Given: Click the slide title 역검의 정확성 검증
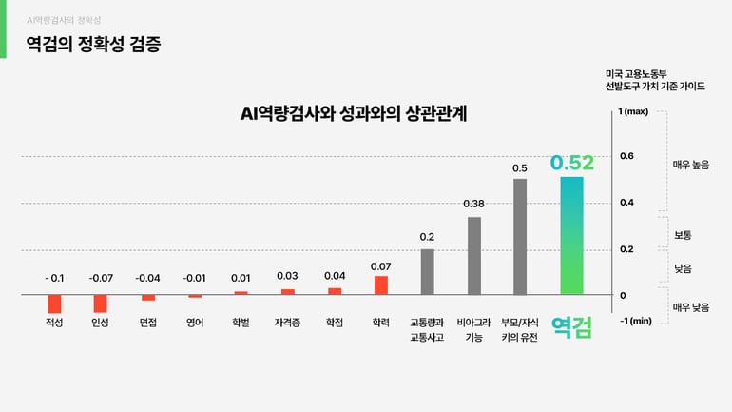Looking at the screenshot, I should [x=93, y=44].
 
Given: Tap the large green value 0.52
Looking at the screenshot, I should [x=571, y=163].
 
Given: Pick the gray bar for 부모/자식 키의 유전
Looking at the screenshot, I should [x=520, y=237].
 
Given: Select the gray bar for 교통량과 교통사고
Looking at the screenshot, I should [x=427, y=272].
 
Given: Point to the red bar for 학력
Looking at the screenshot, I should [x=381, y=285].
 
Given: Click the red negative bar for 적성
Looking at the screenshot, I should [x=54, y=304].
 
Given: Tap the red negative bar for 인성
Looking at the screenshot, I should [x=100, y=304].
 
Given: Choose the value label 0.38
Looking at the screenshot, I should [x=473, y=204].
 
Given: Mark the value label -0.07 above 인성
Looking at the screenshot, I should [x=100, y=278].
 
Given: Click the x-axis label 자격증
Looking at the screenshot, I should [x=287, y=323].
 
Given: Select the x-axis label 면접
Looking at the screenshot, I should [x=147, y=323].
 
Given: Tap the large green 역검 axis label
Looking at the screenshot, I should [x=571, y=328].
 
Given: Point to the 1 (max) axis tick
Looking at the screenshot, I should [x=633, y=111].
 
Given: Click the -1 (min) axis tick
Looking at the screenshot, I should [x=635, y=321].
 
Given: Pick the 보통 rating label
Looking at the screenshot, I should [x=683, y=234].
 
